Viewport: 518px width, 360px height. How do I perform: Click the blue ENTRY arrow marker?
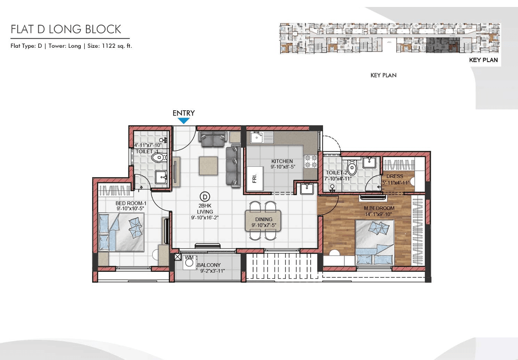[x=184, y=121]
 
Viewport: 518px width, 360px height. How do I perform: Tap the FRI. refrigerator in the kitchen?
[x=255, y=178]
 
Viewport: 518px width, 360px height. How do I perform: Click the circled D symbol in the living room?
[x=205, y=197]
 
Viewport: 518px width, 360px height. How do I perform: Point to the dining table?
[x=263, y=221]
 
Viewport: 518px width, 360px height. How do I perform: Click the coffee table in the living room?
[x=208, y=166]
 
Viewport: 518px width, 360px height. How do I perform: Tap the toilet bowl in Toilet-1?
[x=159, y=157]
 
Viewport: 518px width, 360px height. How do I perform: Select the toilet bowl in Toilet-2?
[x=352, y=168]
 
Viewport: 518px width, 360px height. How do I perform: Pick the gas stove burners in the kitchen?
[x=311, y=162]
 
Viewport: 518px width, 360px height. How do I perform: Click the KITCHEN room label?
[x=282, y=161]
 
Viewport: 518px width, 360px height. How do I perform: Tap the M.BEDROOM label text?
[x=379, y=208]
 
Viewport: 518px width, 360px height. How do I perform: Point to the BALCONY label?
[x=209, y=265]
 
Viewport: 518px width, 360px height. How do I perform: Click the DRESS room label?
[x=395, y=176]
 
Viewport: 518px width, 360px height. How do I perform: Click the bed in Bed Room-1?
[x=121, y=232]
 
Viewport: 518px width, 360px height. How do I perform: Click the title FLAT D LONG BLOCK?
[x=66, y=29]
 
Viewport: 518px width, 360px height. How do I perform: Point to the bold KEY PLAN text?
[x=483, y=60]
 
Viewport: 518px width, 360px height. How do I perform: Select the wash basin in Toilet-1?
[x=162, y=177]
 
